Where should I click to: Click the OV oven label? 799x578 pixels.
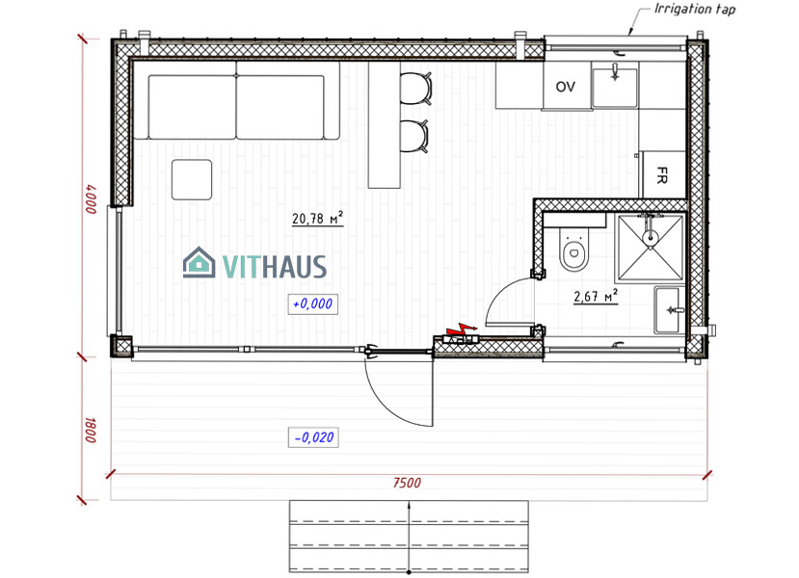click(565, 87)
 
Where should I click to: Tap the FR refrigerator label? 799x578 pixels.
click(661, 175)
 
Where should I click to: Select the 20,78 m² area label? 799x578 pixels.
click(317, 218)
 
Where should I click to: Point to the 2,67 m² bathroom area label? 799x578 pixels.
click(596, 296)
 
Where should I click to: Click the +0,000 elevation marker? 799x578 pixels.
click(313, 304)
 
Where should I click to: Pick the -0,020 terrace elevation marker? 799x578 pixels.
click(313, 437)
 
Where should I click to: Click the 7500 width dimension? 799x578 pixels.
click(407, 483)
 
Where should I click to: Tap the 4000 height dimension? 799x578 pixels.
click(91, 198)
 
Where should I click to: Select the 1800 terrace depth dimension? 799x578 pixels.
click(91, 431)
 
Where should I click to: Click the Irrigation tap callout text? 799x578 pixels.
click(695, 10)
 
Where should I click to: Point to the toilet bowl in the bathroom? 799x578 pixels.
click(573, 250)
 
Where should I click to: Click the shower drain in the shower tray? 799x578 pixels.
click(650, 236)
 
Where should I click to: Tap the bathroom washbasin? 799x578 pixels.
click(667, 309)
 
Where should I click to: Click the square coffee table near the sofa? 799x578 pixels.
click(192, 180)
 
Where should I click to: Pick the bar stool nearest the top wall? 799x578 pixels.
click(415, 88)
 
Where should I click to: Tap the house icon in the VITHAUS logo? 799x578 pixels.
click(199, 262)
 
